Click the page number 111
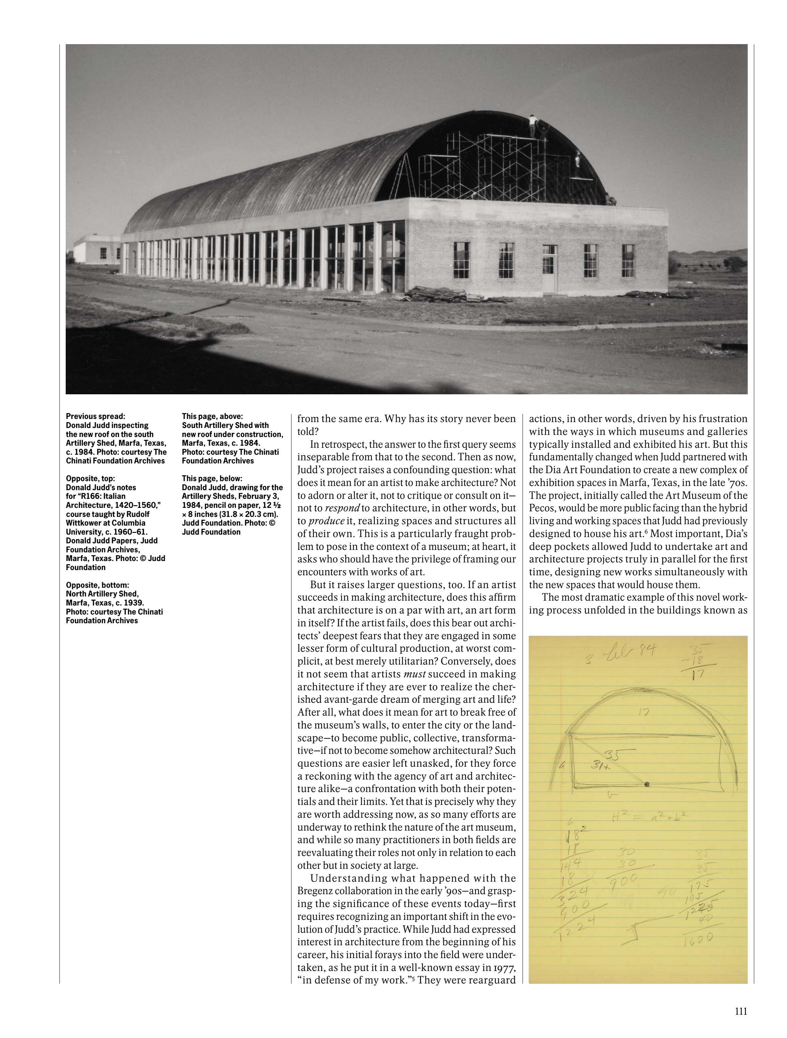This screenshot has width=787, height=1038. (x=740, y=1008)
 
